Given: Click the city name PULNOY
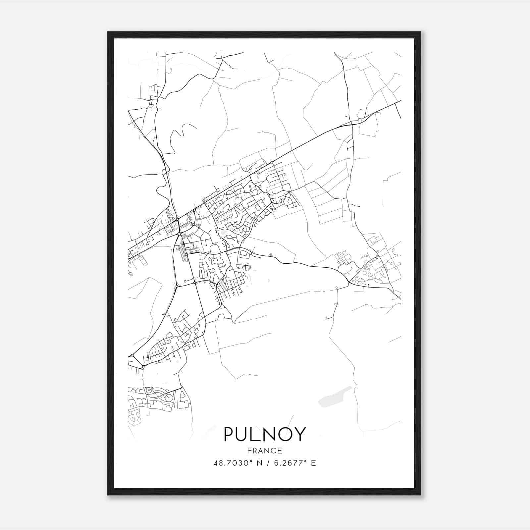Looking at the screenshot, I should coord(265,434).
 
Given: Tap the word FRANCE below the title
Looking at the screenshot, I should coord(265,450).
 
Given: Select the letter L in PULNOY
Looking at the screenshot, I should coord(255,434).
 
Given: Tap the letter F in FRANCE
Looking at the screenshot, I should coord(249,450).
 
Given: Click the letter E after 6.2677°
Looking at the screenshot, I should coord(313,463).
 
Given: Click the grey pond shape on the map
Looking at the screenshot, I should coord(335,397).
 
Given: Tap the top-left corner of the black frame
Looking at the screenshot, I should coord(108,32).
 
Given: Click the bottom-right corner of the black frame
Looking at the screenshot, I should coord(420,495).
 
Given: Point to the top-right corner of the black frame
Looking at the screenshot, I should coord(420,32).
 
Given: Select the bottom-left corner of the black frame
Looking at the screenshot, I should coord(108,495).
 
